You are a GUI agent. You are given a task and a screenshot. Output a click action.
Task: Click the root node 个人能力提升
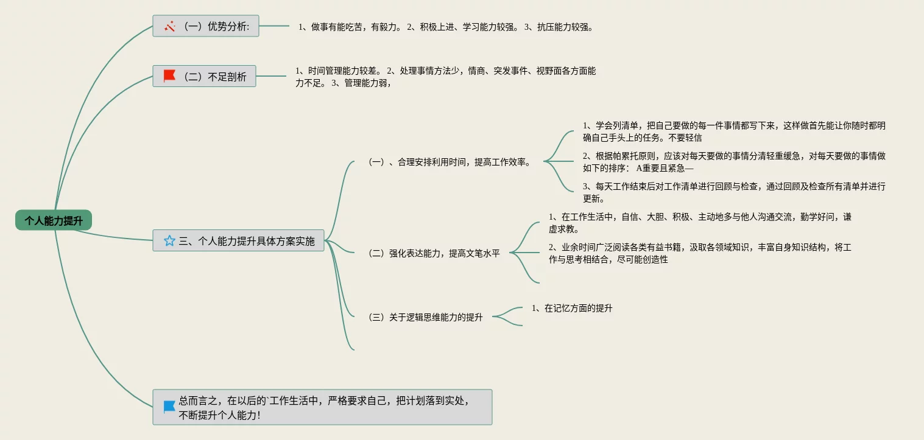tap(54, 220)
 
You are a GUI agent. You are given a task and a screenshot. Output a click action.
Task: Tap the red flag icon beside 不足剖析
tap(169, 76)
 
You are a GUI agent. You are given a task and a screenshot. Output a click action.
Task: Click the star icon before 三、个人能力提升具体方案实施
tap(169, 241)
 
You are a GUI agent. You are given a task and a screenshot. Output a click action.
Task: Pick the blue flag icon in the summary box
tap(169, 407)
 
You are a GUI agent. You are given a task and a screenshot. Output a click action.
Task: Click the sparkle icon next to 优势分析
tap(169, 26)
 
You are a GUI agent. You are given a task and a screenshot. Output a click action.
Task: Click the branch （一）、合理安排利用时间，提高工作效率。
tap(450, 162)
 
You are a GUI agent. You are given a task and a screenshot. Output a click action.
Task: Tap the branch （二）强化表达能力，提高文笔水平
tap(434, 253)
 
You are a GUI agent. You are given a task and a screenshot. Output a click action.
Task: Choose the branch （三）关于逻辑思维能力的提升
tap(425, 317)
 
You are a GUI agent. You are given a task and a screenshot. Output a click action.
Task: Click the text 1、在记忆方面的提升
tap(572, 309)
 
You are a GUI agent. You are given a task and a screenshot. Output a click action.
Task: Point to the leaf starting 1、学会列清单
tap(733, 131)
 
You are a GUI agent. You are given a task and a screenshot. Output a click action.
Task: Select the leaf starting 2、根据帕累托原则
tap(733, 162)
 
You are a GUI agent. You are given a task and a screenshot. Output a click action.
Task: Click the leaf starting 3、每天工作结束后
tap(733, 192)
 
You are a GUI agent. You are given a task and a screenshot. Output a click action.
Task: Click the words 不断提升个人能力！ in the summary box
tap(219, 415)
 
